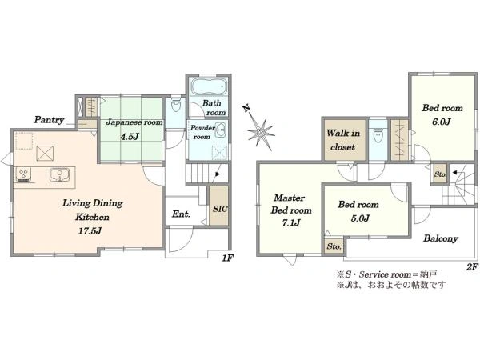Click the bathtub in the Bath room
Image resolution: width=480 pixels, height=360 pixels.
coord(209,86)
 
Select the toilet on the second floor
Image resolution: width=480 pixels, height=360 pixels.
coord(378,135)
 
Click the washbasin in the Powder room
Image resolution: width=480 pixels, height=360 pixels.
coord(221,130)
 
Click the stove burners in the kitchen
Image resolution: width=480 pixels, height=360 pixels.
coord(23,174)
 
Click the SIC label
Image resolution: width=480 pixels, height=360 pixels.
coord(220,209)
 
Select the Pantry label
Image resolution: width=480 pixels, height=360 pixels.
coord(49,120)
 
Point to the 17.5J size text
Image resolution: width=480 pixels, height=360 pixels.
coord(90,231)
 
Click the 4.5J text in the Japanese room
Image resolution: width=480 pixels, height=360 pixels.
coord(130,137)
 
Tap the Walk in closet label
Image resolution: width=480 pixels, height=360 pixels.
coord(343,140)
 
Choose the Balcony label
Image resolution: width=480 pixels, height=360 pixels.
coord(441,238)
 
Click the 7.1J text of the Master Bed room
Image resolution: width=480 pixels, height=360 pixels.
coord(291,223)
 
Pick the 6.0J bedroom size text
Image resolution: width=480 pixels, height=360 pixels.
coord(441,122)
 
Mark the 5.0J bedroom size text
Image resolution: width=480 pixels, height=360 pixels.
coord(360,218)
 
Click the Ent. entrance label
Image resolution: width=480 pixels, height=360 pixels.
coord(181,214)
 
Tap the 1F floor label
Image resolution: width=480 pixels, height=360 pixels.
coord(227,258)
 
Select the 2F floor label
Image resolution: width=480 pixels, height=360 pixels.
coord(472,267)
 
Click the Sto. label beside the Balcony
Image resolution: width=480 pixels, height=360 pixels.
coord(334,246)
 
